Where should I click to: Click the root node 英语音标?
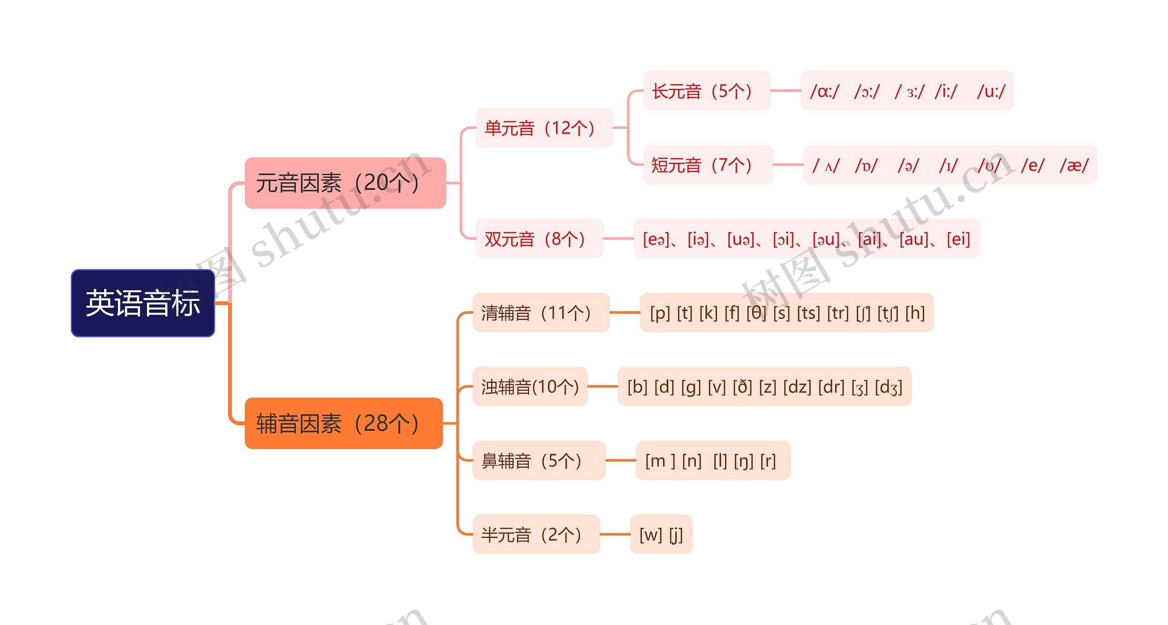143,303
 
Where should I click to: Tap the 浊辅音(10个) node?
530,387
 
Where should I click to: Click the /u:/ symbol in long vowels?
991,91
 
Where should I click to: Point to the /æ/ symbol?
1074,165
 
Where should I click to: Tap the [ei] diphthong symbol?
958,239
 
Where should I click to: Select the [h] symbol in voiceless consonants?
915,313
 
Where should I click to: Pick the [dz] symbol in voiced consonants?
797,387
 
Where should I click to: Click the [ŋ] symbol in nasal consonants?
744,461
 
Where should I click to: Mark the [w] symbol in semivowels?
651,535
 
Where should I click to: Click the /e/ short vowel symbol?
1032,165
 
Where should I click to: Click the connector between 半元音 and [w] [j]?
615,534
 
